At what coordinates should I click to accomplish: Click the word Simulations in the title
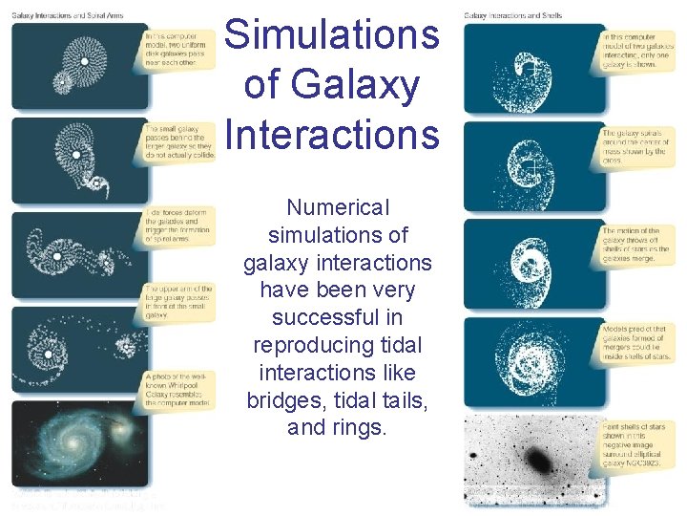[331, 36]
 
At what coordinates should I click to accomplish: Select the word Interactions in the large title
[331, 134]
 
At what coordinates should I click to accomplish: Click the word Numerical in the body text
[338, 207]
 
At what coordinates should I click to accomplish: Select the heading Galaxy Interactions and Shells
[512, 14]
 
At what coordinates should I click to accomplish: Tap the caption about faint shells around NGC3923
[635, 443]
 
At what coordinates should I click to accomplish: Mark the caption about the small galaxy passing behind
[178, 140]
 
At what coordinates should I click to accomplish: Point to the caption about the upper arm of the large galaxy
[178, 301]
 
